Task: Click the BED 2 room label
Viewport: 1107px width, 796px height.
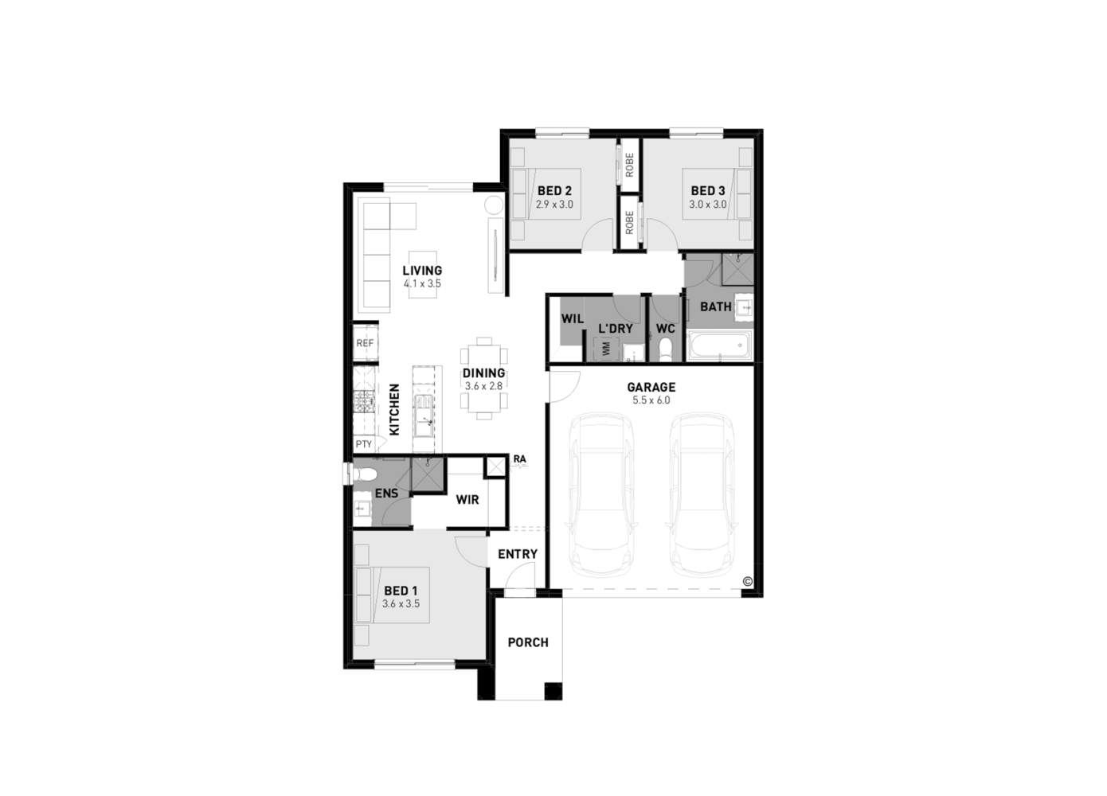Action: click(x=554, y=191)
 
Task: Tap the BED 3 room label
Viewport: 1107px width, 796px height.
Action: click(x=707, y=191)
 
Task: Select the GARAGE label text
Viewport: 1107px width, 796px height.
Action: click(x=651, y=388)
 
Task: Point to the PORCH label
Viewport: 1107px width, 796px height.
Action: click(x=528, y=642)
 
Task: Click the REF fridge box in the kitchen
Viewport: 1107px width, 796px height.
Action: click(x=365, y=343)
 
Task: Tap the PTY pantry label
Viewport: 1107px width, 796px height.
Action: click(x=363, y=444)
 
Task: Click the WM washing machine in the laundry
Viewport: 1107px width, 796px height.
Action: click(x=607, y=349)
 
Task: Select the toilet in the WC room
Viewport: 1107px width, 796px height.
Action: click(x=666, y=348)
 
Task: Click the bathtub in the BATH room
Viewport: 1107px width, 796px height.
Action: click(x=718, y=346)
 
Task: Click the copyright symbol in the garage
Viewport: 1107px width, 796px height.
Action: click(x=747, y=581)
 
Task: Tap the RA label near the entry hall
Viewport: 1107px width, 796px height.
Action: click(x=519, y=459)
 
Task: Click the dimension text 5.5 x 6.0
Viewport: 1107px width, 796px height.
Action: click(x=651, y=400)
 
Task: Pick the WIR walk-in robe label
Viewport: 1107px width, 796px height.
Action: click(x=467, y=500)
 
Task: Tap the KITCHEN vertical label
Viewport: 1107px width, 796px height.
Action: click(x=394, y=410)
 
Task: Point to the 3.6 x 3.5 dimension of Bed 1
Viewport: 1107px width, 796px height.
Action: click(x=401, y=604)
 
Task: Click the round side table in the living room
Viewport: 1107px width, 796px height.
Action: click(x=493, y=205)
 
